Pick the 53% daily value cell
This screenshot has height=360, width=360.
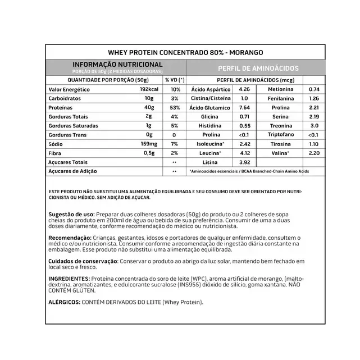pyautogui.click(x=174, y=107)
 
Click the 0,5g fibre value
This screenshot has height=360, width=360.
pyautogui.click(x=148, y=153)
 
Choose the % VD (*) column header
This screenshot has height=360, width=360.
pyautogui.click(x=175, y=80)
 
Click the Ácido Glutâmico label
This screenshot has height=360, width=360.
pyautogui.click(x=210, y=107)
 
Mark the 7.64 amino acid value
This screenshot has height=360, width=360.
pyautogui.click(x=244, y=107)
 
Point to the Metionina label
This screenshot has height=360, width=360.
pyautogui.click(x=280, y=89)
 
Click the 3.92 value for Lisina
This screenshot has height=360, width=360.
pyautogui.click(x=244, y=162)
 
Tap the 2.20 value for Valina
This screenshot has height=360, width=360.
pyautogui.click(x=314, y=153)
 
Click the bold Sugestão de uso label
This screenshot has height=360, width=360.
pyautogui.click(x=72, y=215)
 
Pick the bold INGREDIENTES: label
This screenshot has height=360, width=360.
pyautogui.click(x=69, y=279)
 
